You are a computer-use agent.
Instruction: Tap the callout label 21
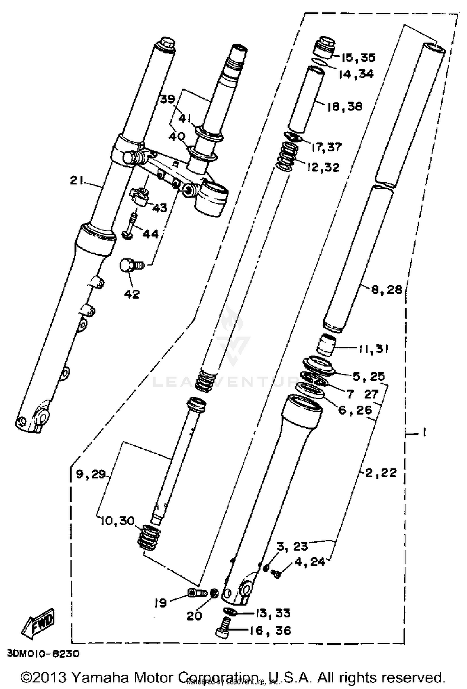pyautogui.click(x=77, y=180)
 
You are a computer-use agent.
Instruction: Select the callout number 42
pyautogui.click(x=132, y=294)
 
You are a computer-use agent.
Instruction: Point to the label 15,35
pyautogui.click(x=358, y=57)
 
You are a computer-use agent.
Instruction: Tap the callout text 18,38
pyautogui.click(x=345, y=106)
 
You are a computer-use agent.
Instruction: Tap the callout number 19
pyautogui.click(x=160, y=603)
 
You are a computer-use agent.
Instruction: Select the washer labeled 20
pyautogui.click(x=214, y=594)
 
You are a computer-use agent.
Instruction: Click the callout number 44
pyautogui.click(x=150, y=234)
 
